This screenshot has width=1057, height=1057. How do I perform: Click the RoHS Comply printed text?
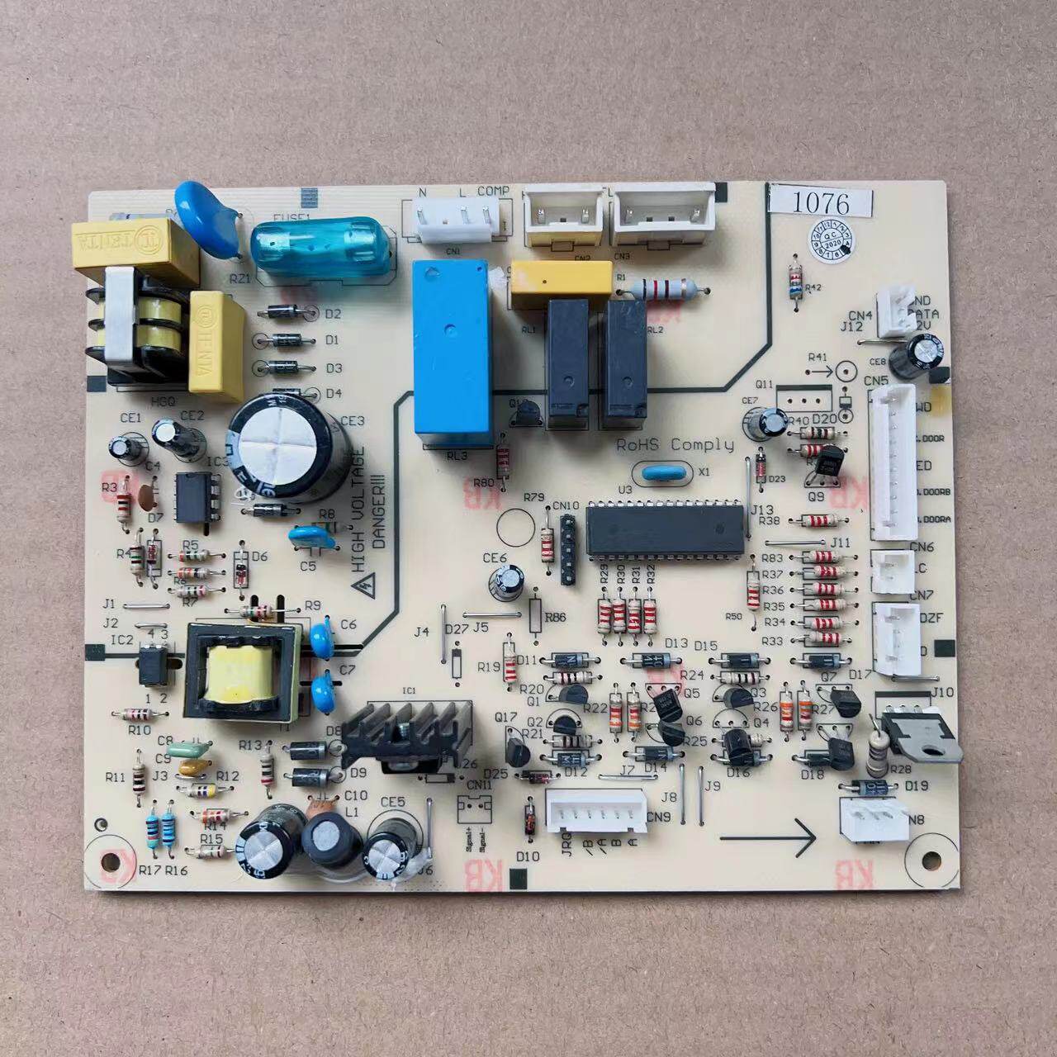click(x=675, y=445)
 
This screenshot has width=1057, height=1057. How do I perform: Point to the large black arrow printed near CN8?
click(x=767, y=838)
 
